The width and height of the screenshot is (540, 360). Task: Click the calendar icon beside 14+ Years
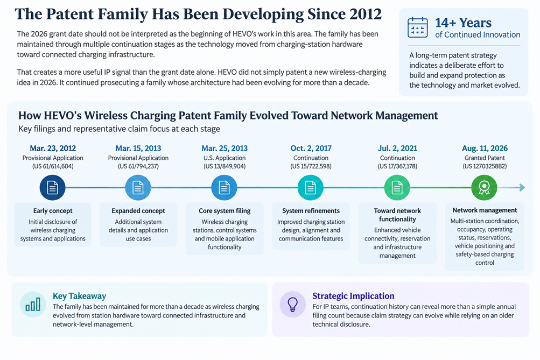tap(417, 27)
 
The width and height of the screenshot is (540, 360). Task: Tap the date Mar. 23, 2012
tap(53, 149)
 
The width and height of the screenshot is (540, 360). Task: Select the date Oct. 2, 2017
tap(311, 149)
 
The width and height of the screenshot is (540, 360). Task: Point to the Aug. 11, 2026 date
tap(485, 149)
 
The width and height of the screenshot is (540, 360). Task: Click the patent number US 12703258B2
tap(485, 166)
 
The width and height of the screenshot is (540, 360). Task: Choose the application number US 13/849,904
tap(225, 166)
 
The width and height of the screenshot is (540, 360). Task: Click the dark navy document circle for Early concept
tap(52, 188)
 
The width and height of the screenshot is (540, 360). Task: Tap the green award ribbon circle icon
tap(484, 188)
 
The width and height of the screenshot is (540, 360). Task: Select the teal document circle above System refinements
tap(311, 188)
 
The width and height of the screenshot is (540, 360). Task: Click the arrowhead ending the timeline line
tap(522, 188)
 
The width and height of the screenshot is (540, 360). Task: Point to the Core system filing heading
tap(225, 210)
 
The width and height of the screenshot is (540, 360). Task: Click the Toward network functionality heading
tap(397, 215)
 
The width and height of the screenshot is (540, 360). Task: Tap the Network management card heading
tap(485, 210)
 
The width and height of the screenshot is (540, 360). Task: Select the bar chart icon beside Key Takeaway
tap(33, 304)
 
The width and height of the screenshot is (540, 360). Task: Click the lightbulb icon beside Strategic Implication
tap(293, 304)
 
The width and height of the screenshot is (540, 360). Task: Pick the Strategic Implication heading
tap(353, 296)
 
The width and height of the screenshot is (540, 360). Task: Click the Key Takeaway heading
tap(79, 296)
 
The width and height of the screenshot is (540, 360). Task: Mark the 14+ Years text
tap(463, 23)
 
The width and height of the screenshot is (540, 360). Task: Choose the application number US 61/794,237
tap(138, 166)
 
